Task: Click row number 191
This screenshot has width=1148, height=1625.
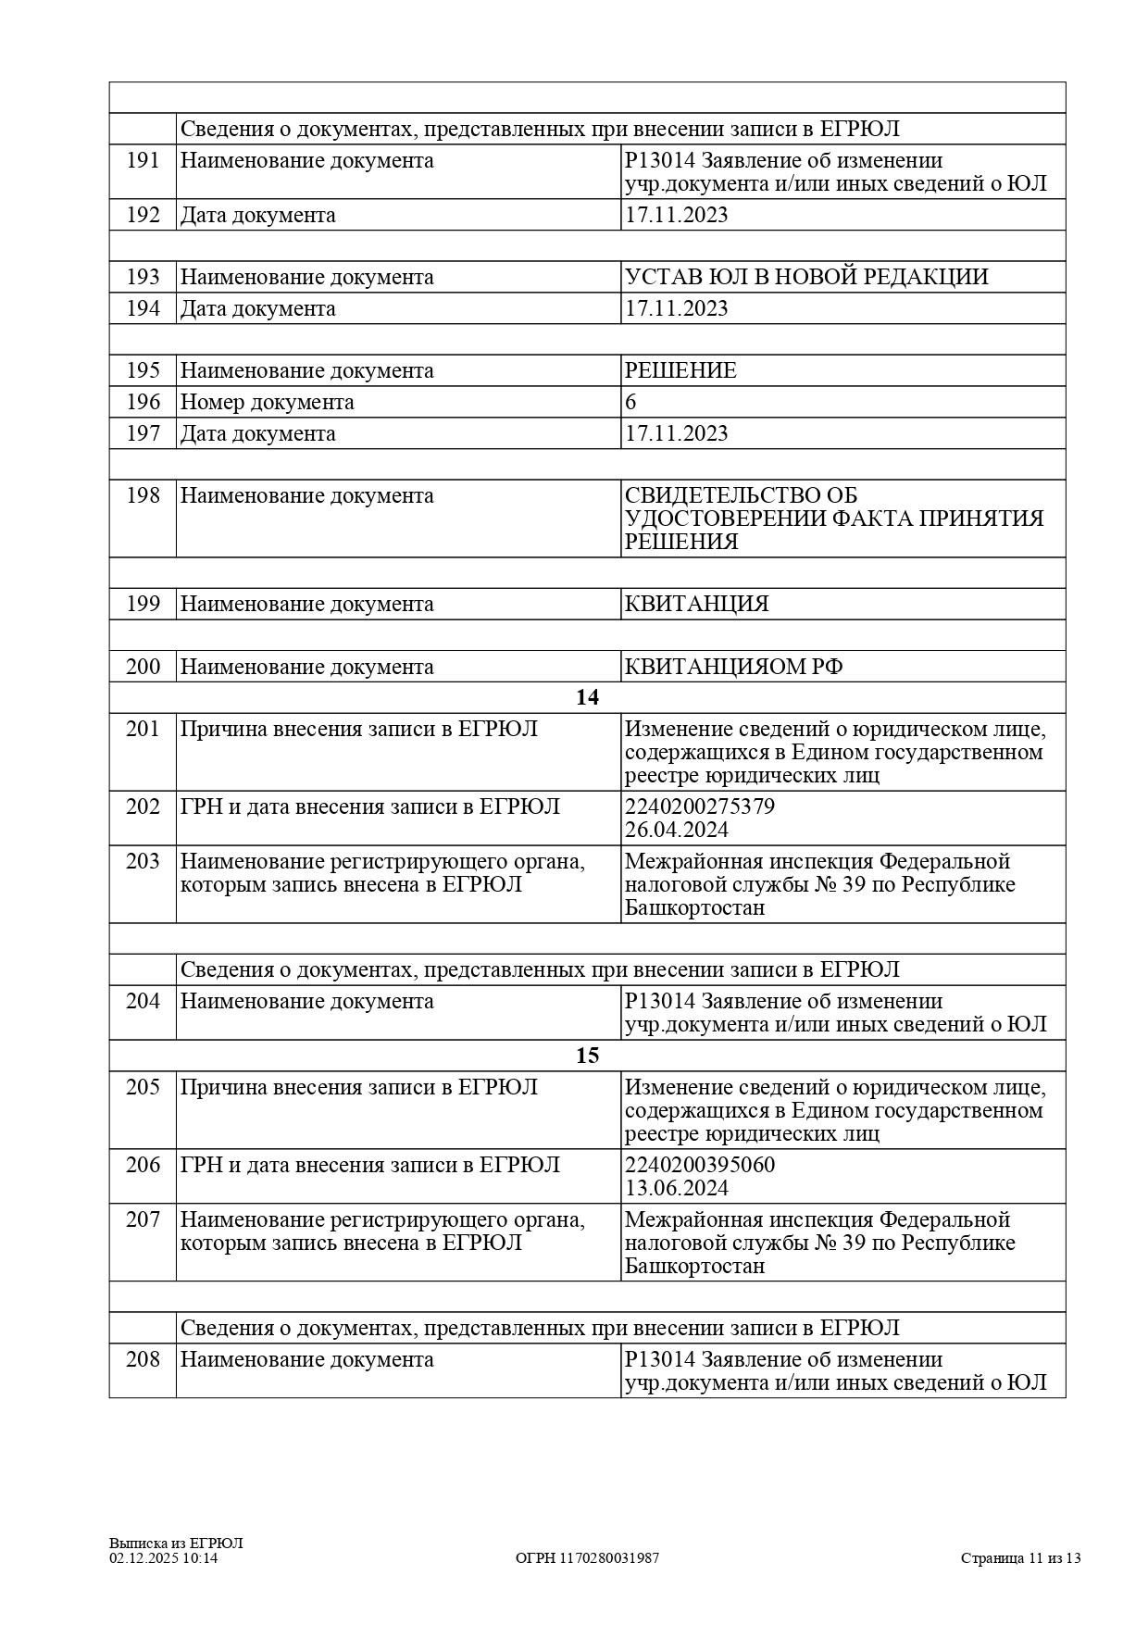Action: [x=143, y=161]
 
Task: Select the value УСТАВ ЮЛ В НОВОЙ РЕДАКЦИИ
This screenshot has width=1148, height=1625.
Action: [x=806, y=277]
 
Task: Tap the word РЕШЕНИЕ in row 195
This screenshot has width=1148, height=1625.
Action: [x=680, y=370]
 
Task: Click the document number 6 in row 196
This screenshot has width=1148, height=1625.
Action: [x=631, y=402]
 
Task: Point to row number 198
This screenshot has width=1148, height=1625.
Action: [x=143, y=496]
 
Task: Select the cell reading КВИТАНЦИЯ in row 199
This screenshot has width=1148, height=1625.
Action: [x=696, y=604]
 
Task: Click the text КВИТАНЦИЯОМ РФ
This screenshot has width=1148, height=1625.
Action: [x=733, y=667]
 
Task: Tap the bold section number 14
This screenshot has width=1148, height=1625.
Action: [x=587, y=697]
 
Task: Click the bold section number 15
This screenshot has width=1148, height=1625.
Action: [x=587, y=1056]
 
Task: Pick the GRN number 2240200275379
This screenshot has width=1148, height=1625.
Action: [x=700, y=806]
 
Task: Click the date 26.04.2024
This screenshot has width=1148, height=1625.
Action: [x=676, y=830]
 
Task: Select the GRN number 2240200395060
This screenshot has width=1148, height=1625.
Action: [x=700, y=1165]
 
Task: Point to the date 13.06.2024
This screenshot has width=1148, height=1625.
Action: [x=676, y=1188]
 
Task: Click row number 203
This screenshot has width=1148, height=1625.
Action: [x=143, y=862]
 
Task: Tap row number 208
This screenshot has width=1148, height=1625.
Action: [x=143, y=1360]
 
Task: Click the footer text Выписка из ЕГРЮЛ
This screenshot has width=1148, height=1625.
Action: [x=176, y=1543]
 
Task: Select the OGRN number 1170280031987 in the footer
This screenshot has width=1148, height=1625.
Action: [x=587, y=1558]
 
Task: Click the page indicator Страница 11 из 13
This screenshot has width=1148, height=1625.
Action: [x=1020, y=1558]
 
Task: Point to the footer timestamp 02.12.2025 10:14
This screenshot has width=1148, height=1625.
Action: [x=164, y=1558]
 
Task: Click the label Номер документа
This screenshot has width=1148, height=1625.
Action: [x=267, y=402]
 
